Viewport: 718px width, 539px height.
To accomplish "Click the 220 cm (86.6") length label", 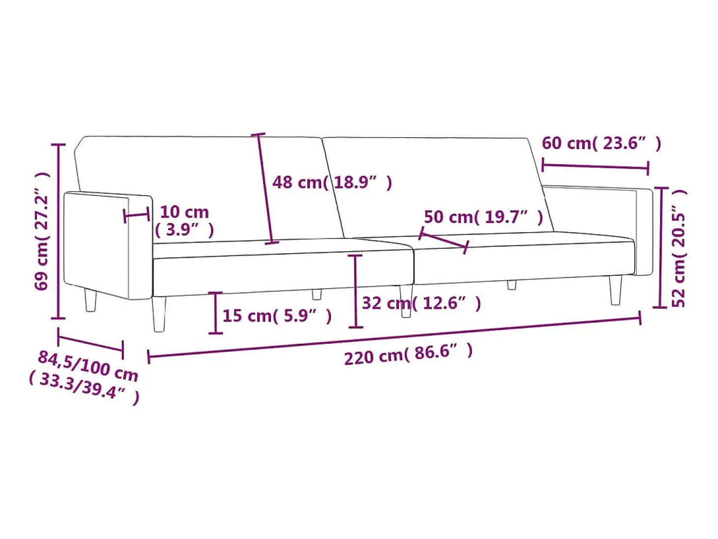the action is (408, 355).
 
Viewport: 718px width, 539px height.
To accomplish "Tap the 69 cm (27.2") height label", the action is (42, 231).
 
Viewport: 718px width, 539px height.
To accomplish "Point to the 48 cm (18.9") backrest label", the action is (332, 182).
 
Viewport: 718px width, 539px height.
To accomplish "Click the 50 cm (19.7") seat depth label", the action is (483, 217).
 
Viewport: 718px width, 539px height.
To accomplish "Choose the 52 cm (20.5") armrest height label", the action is (679, 248).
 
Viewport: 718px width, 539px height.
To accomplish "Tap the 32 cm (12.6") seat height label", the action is (421, 303).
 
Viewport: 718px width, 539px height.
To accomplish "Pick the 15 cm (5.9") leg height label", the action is (277, 316).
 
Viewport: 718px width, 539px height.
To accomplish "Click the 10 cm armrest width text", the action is (184, 212).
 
